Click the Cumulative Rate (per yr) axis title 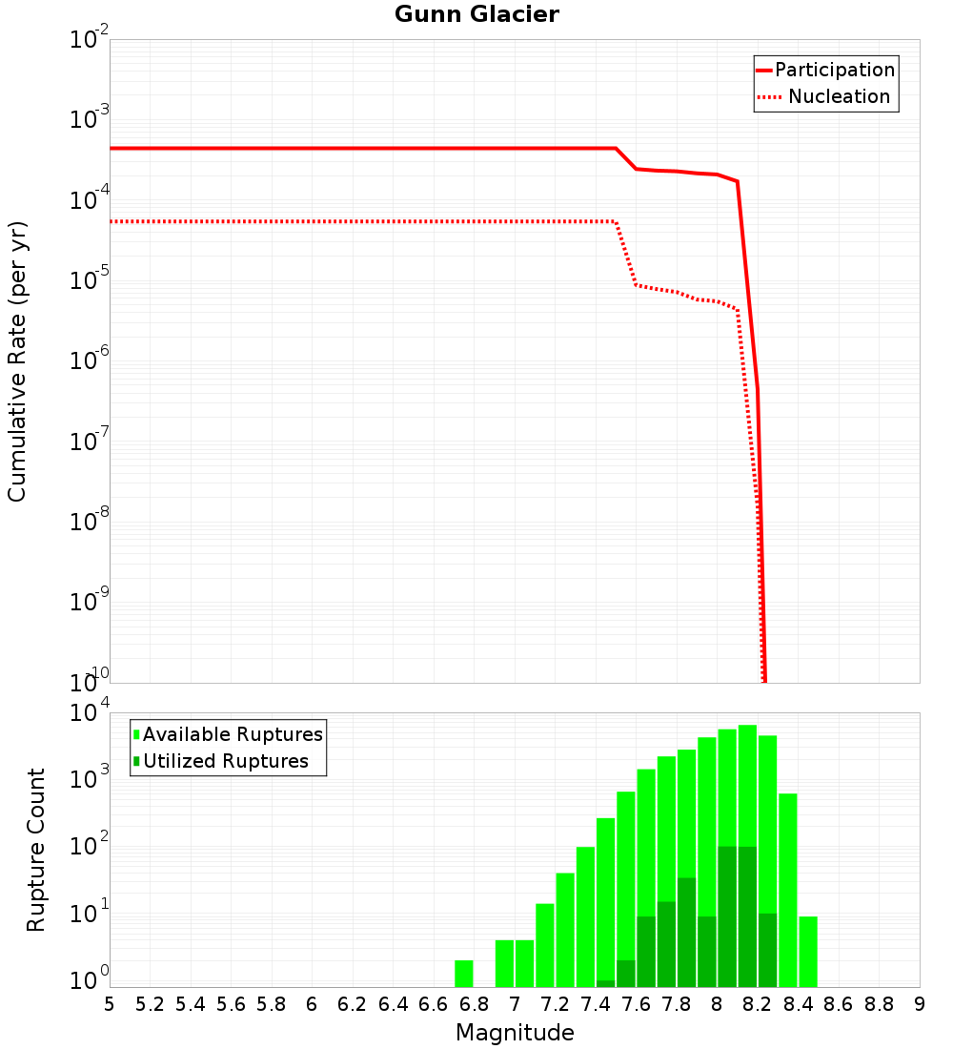point(17,361)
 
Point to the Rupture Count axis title point(36,850)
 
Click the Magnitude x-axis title point(515,1033)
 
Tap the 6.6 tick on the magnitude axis point(434,1004)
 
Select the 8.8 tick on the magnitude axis point(879,1004)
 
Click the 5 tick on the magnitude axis point(110,1004)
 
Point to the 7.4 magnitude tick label point(596,1004)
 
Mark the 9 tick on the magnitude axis point(920,1004)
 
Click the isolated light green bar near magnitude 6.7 point(464,974)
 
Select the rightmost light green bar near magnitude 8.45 point(808,952)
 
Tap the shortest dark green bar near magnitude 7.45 point(605,983)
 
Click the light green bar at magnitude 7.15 point(545,945)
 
